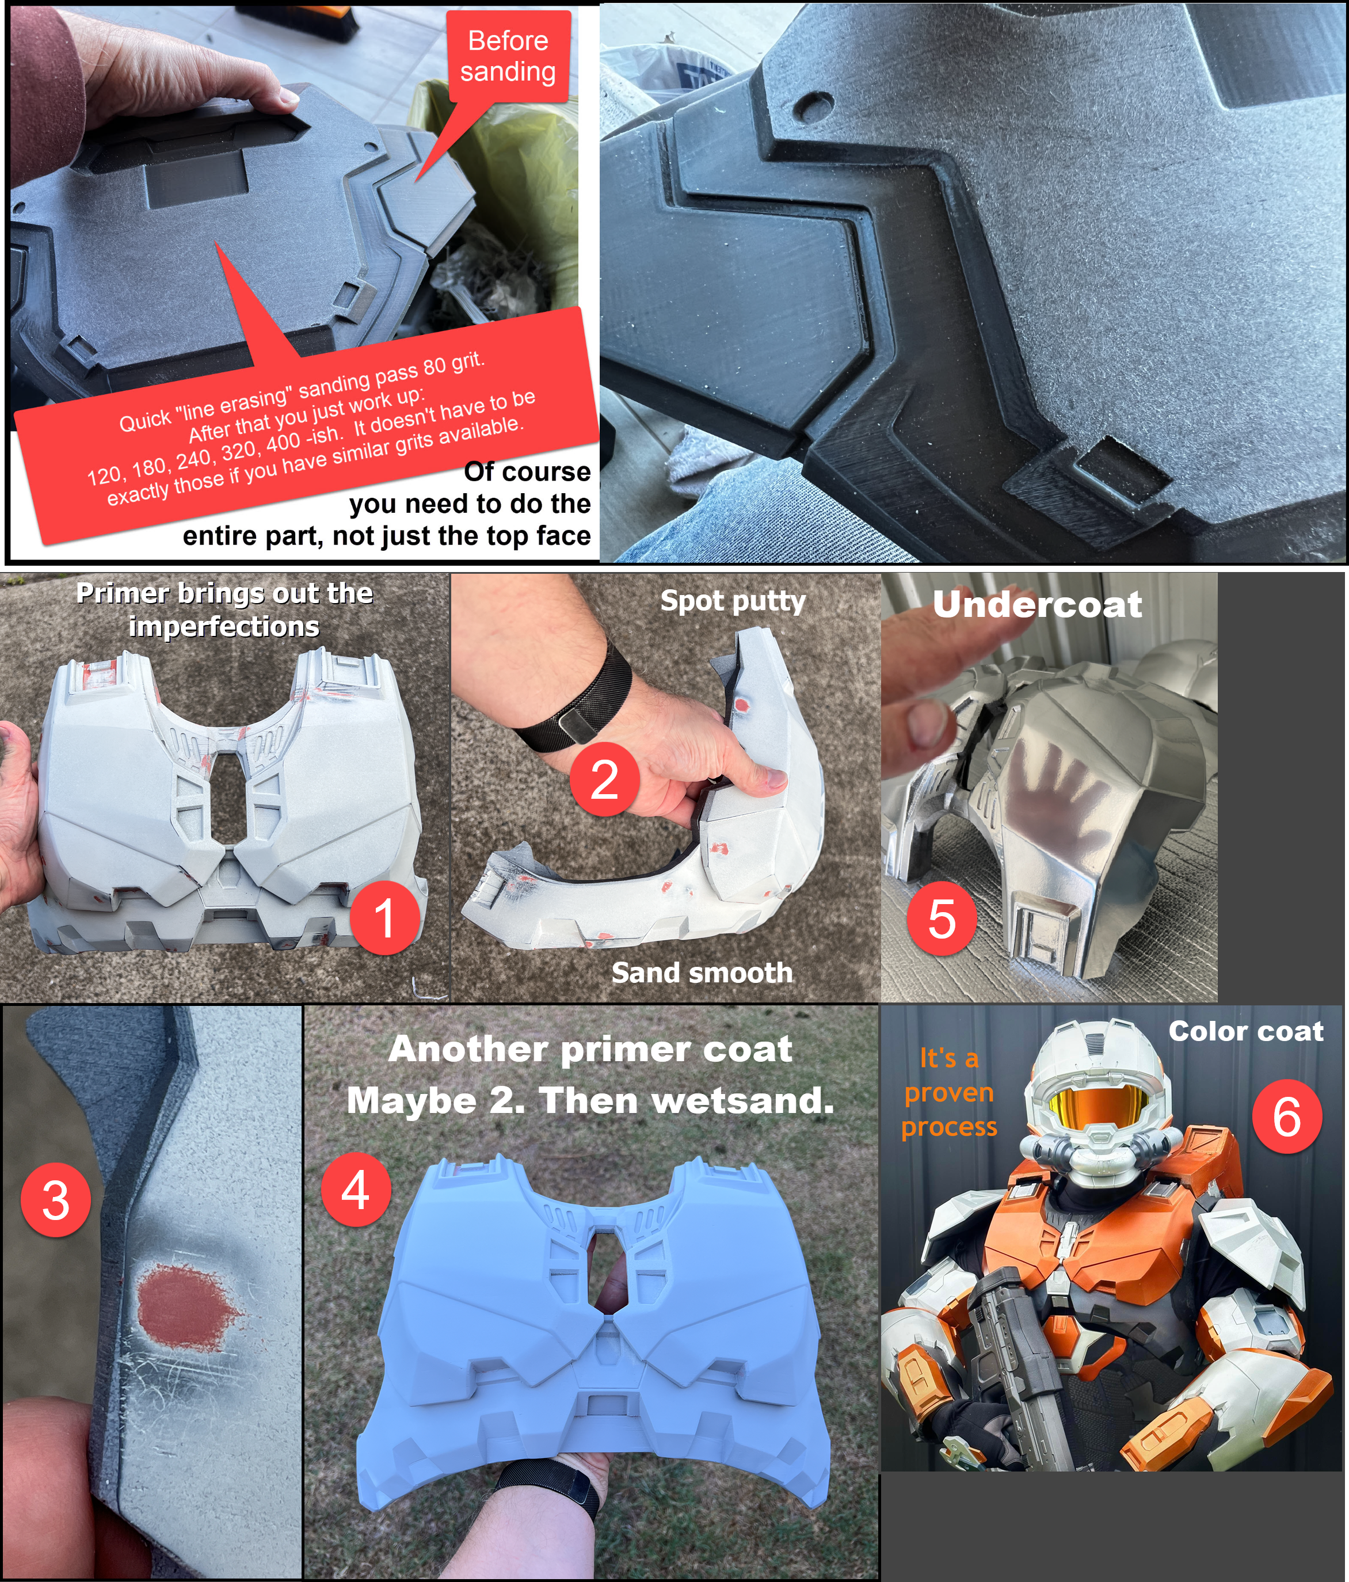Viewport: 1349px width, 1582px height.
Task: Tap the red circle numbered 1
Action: pos(385,918)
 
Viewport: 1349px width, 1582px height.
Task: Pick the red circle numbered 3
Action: pos(56,1200)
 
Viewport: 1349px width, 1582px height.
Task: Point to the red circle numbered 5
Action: pos(942,918)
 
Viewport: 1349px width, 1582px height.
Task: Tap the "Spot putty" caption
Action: pos(733,601)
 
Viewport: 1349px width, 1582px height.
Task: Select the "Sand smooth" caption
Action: pos(702,973)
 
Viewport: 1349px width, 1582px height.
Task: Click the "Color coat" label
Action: pos(1246,1031)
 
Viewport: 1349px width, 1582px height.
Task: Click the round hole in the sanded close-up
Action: pos(816,104)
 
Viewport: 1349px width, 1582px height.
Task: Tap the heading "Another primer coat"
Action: pos(590,1050)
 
